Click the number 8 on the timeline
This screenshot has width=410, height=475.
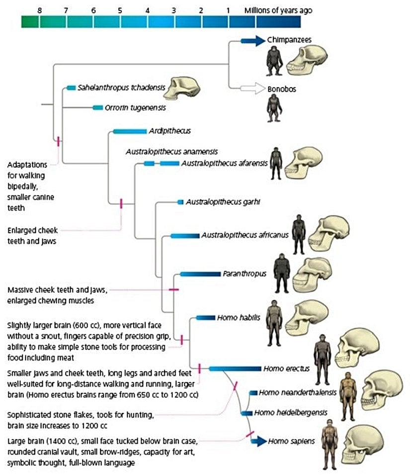tap(40, 9)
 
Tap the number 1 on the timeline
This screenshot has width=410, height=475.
tap(228, 9)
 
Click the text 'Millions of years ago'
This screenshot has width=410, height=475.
tap(278, 10)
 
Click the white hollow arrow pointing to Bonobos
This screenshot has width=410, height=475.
tap(253, 89)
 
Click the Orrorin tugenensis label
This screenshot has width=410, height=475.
tap(135, 107)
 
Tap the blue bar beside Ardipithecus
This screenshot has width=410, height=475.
tap(128, 131)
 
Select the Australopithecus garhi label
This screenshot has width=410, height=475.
tap(223, 202)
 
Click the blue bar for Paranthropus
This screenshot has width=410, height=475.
tap(200, 274)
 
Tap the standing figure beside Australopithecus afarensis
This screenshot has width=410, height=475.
tap(276, 163)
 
